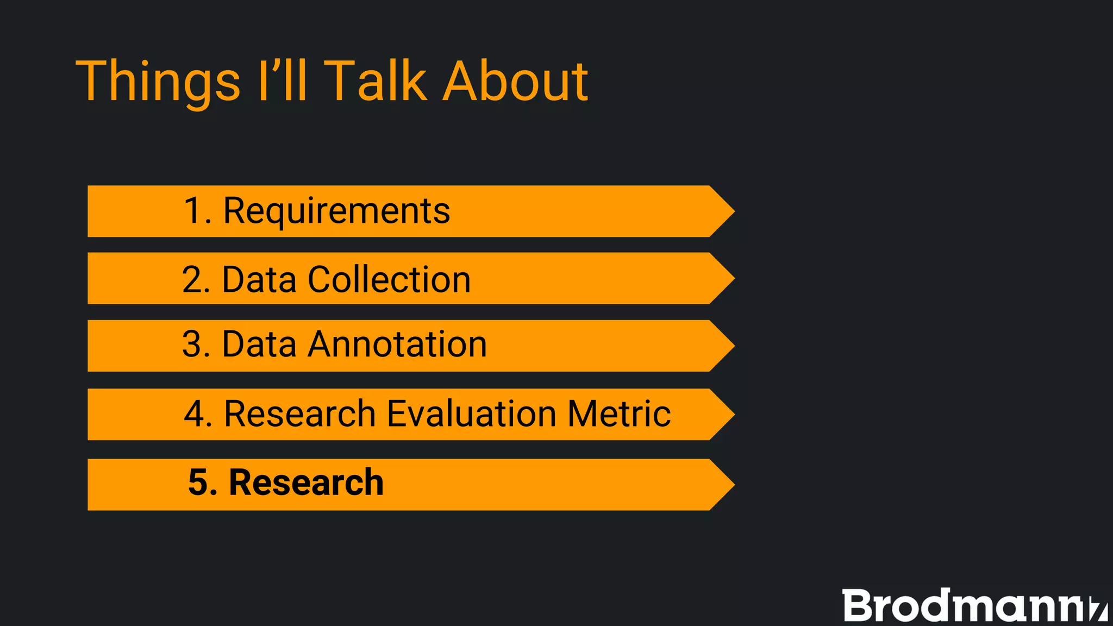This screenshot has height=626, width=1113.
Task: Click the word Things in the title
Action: coord(158,82)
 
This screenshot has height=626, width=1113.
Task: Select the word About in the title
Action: coord(515,82)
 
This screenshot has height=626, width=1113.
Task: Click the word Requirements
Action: coord(336,211)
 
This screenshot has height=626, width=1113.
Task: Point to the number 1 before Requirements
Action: coord(193,211)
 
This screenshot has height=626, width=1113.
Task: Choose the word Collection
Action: coord(389,279)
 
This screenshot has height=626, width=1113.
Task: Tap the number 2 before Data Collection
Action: coord(193,279)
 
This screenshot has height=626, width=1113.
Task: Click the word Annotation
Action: coord(397,345)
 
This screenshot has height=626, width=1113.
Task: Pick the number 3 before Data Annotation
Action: coord(193,345)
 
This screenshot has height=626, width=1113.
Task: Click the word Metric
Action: coord(619,414)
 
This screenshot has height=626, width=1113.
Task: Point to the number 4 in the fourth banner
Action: coord(194,414)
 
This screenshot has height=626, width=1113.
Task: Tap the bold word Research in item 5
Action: coord(306,483)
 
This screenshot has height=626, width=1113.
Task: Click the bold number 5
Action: coord(198,483)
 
